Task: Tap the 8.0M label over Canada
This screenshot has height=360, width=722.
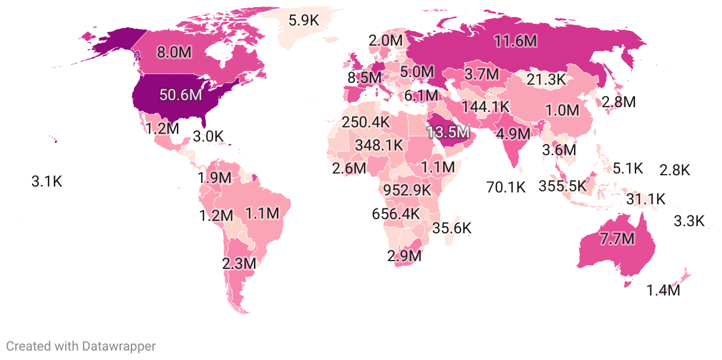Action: click(174, 52)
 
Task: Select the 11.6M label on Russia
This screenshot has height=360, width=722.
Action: click(516, 41)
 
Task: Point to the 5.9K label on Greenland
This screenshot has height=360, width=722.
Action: click(304, 21)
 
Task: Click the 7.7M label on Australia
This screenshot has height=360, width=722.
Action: click(617, 240)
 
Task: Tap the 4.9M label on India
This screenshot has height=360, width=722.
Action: click(513, 133)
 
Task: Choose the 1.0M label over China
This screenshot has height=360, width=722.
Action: click(562, 110)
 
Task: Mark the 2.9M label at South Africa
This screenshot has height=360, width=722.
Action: click(405, 256)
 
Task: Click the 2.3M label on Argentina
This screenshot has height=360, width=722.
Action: click(239, 263)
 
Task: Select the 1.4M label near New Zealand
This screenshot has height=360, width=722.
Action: click(663, 291)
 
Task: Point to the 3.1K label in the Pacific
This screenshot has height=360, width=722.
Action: click(46, 182)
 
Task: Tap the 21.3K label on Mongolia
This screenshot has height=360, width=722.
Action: click(546, 79)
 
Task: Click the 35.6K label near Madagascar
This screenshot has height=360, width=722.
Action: click(452, 228)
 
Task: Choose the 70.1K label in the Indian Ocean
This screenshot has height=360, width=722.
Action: click(506, 188)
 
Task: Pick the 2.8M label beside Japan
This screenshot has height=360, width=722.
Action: click(618, 102)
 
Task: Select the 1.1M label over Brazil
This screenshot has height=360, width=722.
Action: click(262, 213)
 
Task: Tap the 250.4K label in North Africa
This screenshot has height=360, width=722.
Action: click(366, 123)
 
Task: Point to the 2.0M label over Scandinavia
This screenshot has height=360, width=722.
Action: click(385, 41)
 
